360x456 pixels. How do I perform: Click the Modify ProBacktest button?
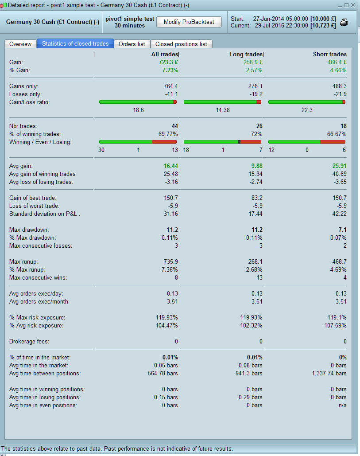(189, 22)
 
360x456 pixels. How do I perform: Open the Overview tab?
(20, 44)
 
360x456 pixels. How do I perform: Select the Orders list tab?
(132, 44)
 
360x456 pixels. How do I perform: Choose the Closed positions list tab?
(181, 44)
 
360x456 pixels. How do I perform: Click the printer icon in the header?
(344, 22)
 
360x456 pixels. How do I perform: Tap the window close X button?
(352, 5)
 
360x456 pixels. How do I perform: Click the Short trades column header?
(329, 54)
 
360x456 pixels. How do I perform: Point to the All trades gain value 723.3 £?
(168, 62)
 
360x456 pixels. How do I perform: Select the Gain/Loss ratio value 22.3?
(306, 110)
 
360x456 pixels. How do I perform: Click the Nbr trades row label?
(23, 126)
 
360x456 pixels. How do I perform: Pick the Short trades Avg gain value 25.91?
(339, 166)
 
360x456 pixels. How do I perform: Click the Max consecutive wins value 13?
(259, 278)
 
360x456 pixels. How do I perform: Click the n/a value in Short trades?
(342, 405)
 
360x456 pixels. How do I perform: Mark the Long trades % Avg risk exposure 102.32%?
(251, 325)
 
